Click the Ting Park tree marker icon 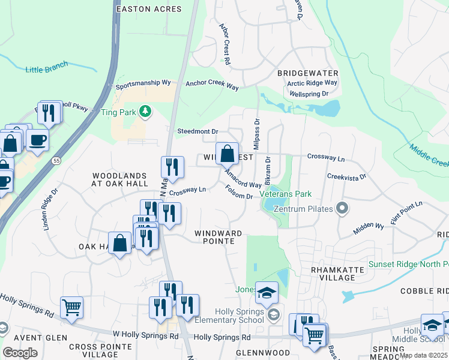[145, 112]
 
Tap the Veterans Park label [286, 194]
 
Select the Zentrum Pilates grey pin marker [342, 209]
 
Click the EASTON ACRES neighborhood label [148, 9]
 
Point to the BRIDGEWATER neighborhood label [305, 73]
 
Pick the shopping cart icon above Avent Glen [71, 307]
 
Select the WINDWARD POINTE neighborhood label [218, 236]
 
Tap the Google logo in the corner [20, 353]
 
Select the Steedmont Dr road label [197, 131]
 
